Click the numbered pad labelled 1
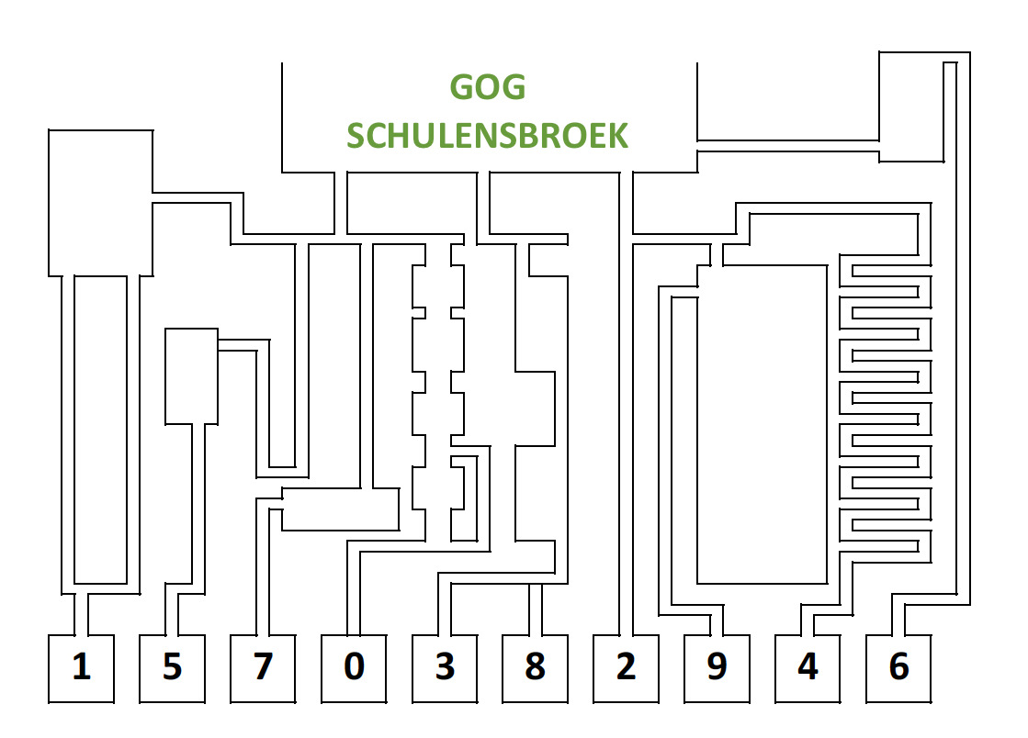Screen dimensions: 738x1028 (x=81, y=668)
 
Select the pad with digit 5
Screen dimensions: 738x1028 (x=172, y=668)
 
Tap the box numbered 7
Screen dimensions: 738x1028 (x=263, y=668)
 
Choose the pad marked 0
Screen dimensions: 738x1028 (x=354, y=668)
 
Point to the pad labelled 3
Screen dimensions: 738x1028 (x=445, y=668)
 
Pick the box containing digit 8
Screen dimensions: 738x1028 (x=535, y=668)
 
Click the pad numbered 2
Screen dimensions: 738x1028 (x=626, y=668)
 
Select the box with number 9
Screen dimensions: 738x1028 (x=717, y=668)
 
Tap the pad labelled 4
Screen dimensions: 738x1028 (x=808, y=668)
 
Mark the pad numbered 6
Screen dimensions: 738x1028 (x=898, y=668)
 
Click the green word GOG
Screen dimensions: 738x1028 (x=488, y=87)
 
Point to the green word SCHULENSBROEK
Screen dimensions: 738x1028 (x=488, y=136)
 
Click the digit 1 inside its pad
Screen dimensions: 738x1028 (x=82, y=667)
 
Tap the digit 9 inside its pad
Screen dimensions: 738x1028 (x=717, y=667)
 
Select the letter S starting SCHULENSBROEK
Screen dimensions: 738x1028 (x=356, y=136)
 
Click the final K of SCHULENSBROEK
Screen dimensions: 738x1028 (x=618, y=136)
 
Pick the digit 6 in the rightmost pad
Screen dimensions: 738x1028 (x=898, y=667)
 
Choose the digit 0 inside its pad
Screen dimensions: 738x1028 (x=354, y=667)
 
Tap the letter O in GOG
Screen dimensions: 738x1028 (x=488, y=87)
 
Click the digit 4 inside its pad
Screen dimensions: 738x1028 (x=808, y=667)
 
